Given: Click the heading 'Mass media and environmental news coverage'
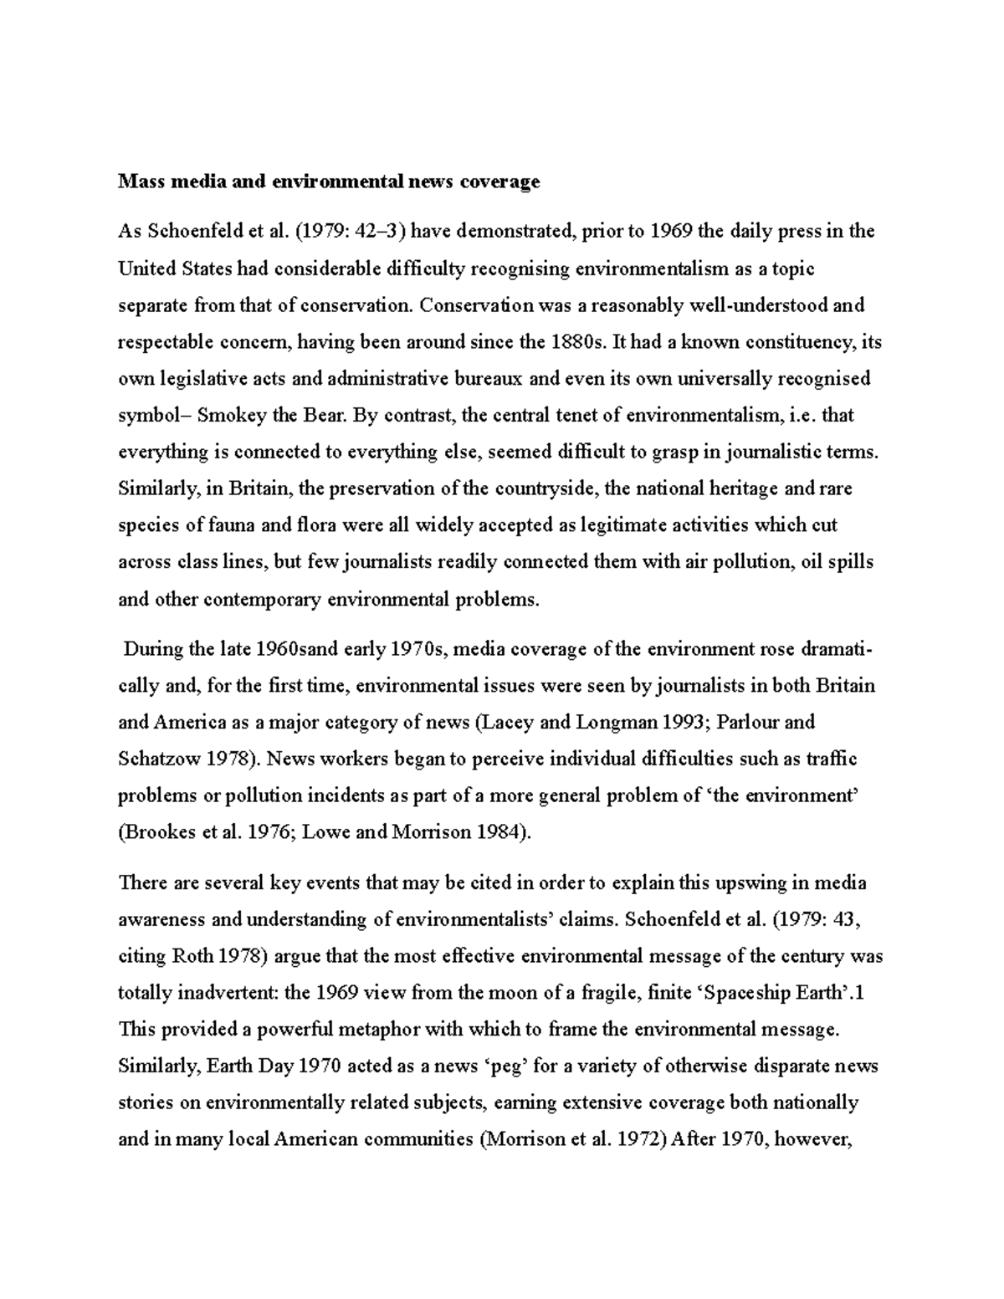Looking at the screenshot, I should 329,182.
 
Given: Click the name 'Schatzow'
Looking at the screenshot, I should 159,759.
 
